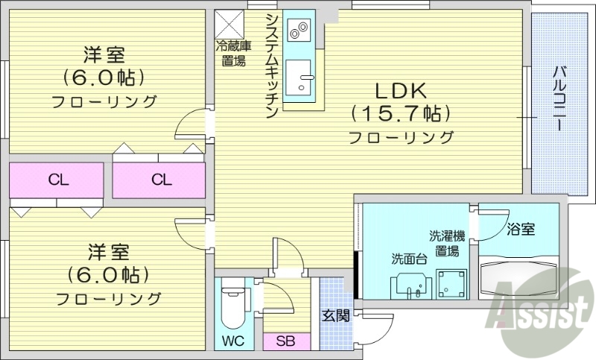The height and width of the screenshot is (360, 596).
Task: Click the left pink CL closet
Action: tap(56, 180)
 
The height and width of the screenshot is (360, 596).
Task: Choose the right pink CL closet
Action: tap(159, 180)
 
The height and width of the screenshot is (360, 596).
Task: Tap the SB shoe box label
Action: tap(285, 342)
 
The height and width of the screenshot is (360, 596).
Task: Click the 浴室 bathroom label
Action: tap(520, 229)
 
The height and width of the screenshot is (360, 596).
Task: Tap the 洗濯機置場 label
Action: tap(447, 243)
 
